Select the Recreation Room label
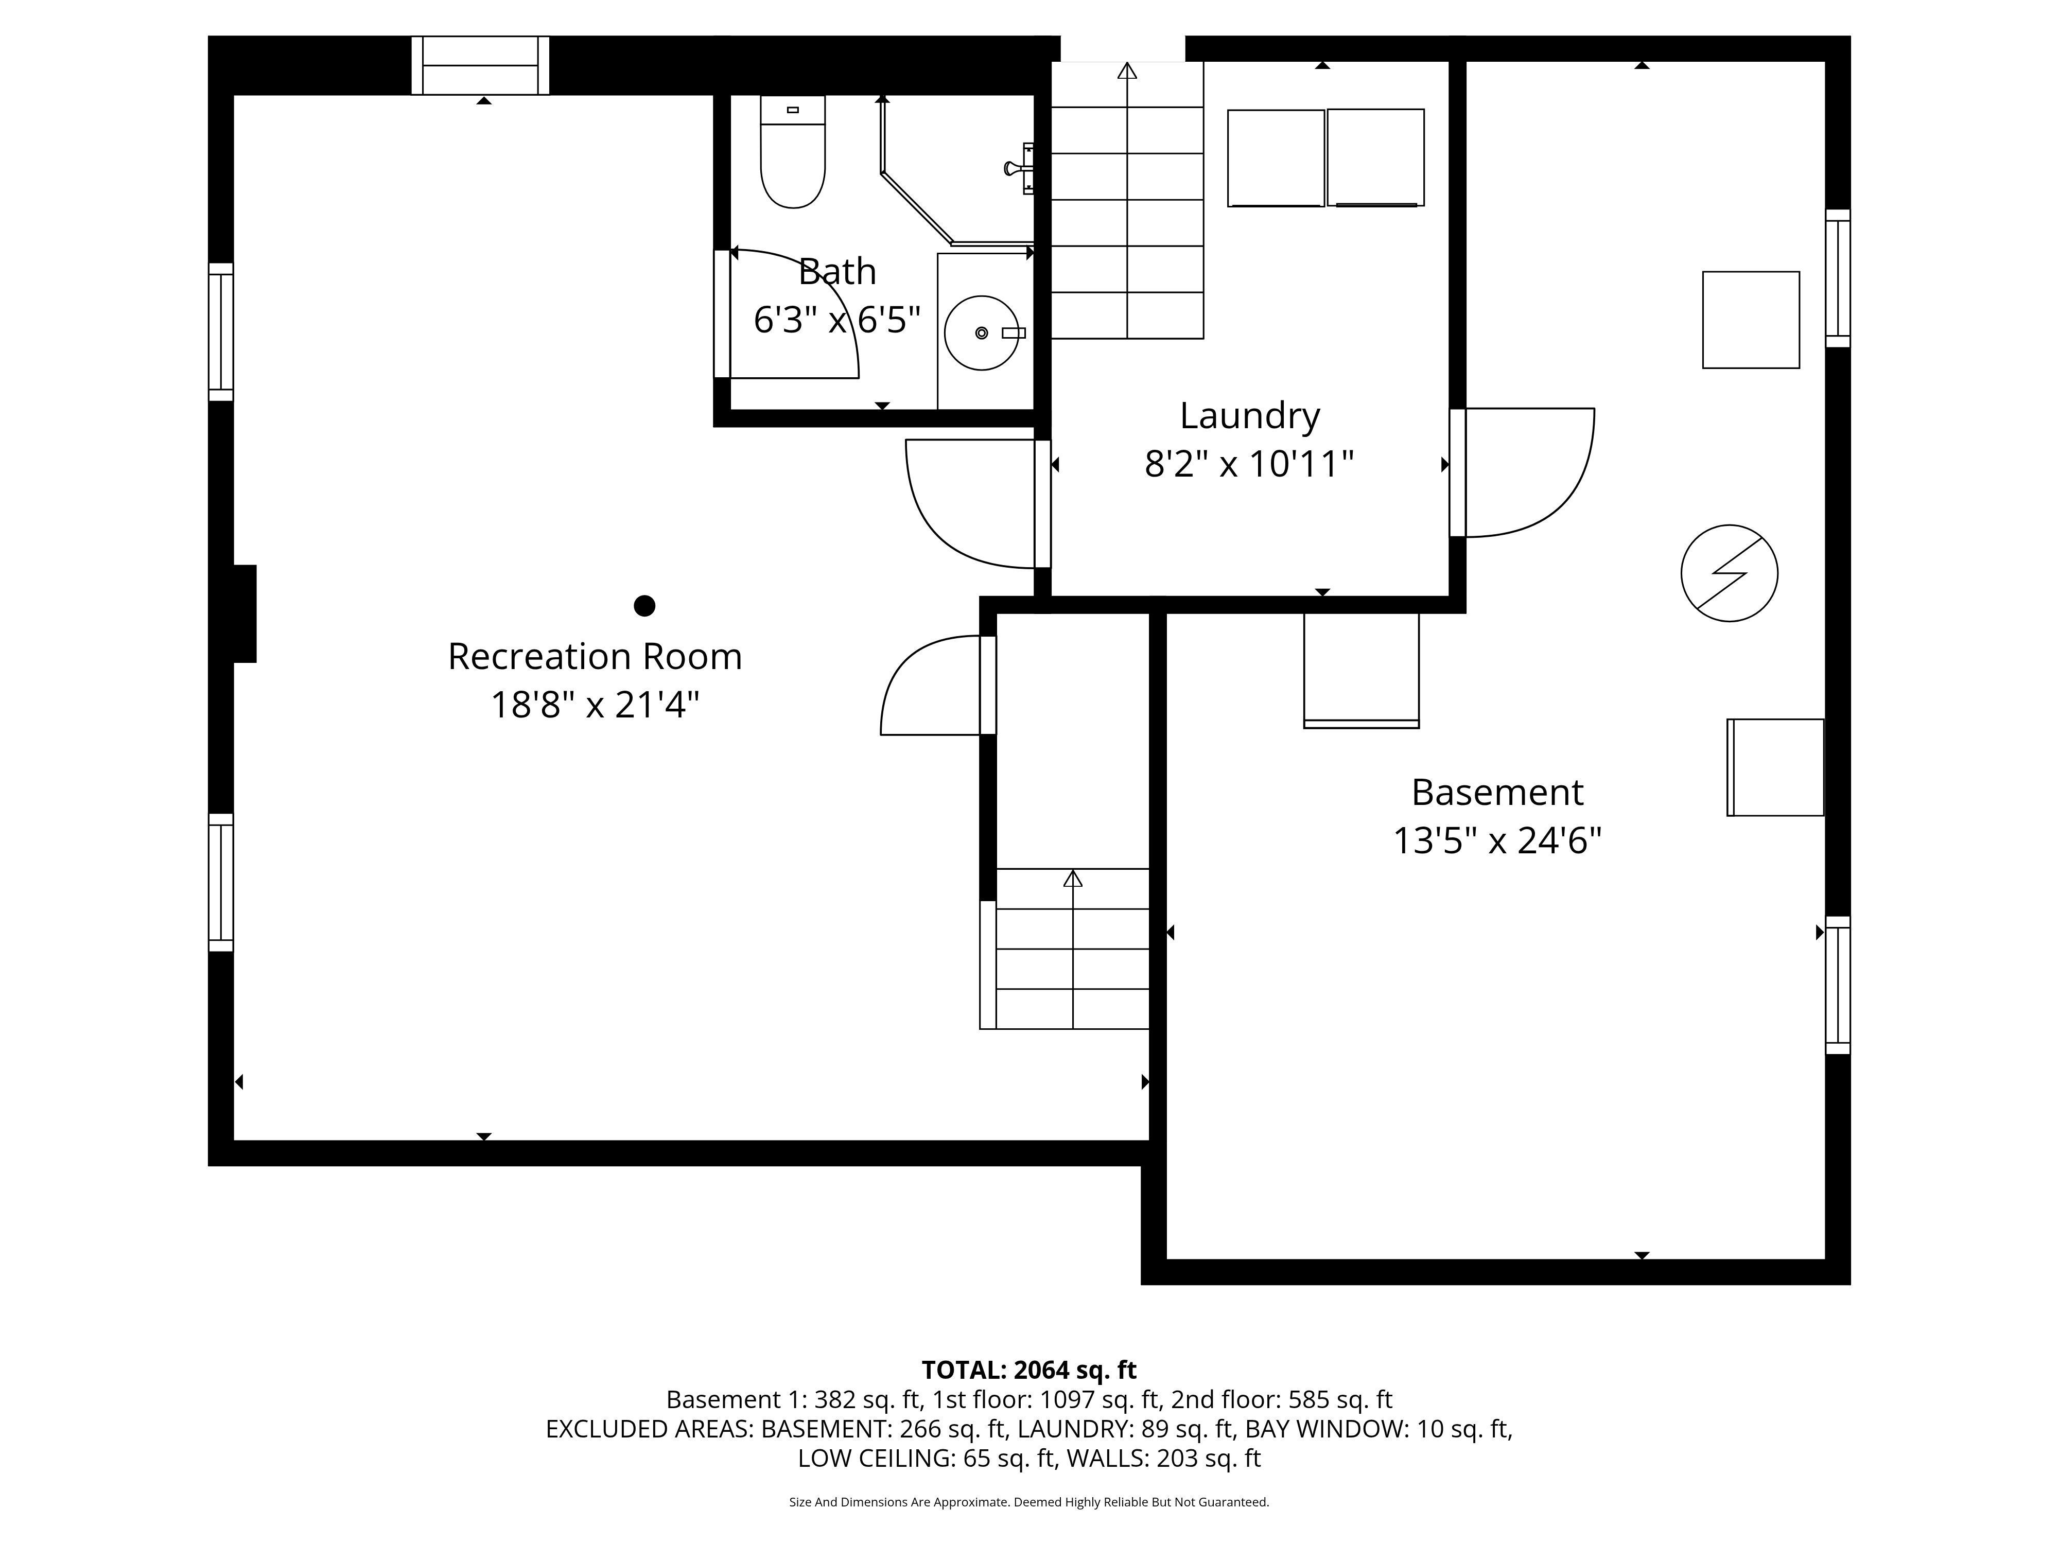595,656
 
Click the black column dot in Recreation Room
644,606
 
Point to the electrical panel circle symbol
1729,573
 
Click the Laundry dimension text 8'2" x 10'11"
1248,464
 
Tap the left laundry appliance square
1275,158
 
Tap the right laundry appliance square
1375,157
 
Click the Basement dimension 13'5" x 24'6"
1496,840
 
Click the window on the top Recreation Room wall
480,65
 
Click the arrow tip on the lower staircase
1072,878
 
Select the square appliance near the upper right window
1750,319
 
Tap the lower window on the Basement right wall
1837,985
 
